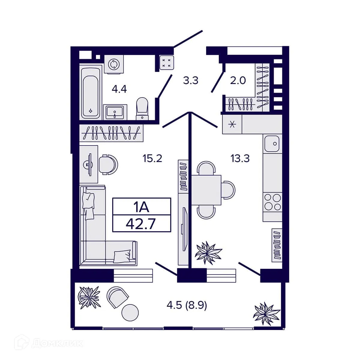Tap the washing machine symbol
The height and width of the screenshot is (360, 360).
(x=114, y=64)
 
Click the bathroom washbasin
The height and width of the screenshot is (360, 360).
(x=115, y=112)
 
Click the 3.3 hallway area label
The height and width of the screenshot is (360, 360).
(x=190, y=81)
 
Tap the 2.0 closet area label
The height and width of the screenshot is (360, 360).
(x=238, y=80)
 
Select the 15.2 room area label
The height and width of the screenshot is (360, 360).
(x=152, y=158)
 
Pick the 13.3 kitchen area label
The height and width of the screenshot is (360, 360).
(x=240, y=158)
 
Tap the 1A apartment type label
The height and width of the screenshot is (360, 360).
(x=141, y=207)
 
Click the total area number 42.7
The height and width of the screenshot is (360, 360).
(x=141, y=224)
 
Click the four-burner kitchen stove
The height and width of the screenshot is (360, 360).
(x=272, y=202)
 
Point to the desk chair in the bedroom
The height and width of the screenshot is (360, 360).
(x=108, y=164)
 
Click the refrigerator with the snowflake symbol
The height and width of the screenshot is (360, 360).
(x=232, y=124)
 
